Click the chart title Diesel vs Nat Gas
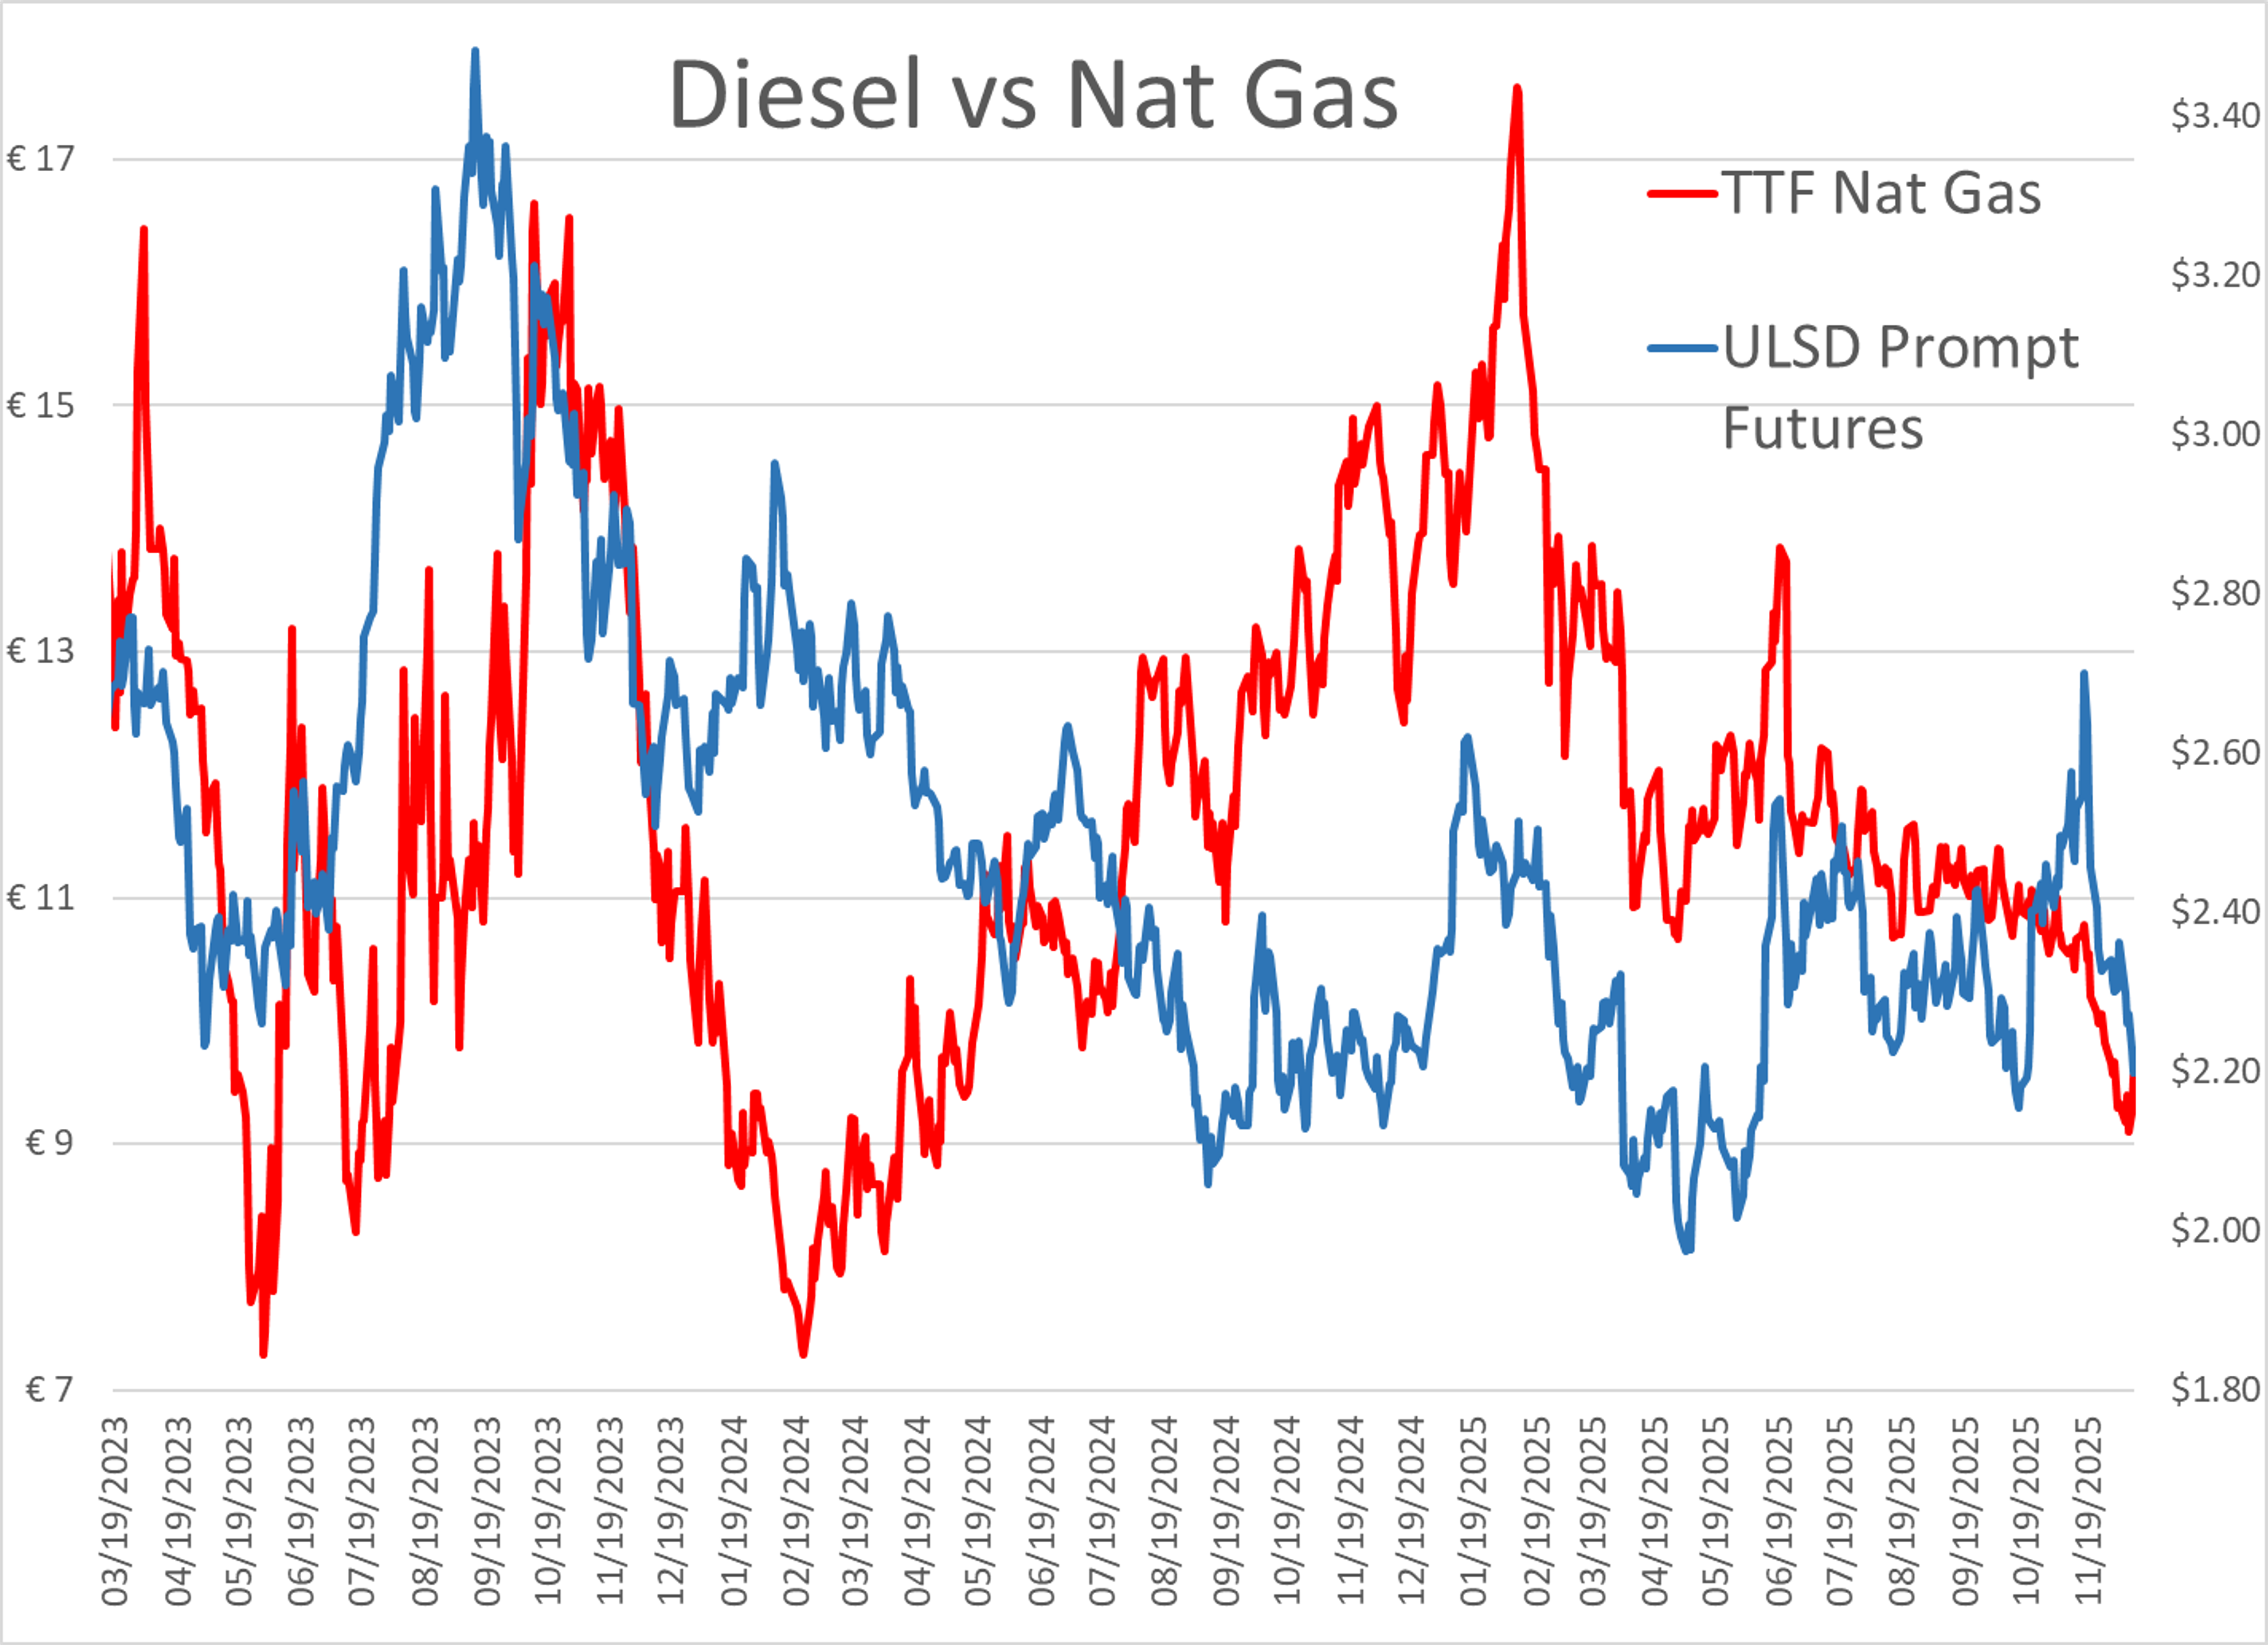click(x=1033, y=95)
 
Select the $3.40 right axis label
click(x=2214, y=115)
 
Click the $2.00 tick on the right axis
click(x=2214, y=1229)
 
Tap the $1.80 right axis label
click(x=2214, y=1389)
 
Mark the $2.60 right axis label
click(x=2214, y=752)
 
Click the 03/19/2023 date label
click(x=116, y=1510)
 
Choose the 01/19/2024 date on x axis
click(x=735, y=1510)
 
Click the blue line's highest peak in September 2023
click(x=475, y=50)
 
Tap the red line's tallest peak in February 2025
click(x=1517, y=88)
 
